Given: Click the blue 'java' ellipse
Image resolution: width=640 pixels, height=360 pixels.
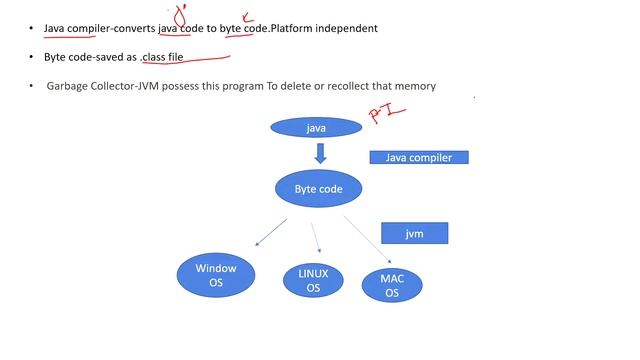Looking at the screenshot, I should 317,128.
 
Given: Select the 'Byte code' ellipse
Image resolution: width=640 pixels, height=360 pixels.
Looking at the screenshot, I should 318,188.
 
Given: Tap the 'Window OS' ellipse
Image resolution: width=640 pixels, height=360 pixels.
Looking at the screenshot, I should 216,275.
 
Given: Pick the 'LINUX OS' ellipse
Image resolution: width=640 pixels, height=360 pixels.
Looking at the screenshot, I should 313,281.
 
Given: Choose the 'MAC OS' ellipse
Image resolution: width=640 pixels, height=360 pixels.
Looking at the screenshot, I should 392,286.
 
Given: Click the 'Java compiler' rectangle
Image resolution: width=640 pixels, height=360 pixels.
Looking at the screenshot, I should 418,157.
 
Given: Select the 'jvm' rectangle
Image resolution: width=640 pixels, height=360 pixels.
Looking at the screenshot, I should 414,233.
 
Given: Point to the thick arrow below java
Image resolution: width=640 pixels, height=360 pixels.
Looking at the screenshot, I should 320,153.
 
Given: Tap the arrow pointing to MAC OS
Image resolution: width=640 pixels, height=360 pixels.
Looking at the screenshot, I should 364,237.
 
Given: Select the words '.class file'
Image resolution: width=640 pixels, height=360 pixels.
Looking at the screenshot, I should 162,57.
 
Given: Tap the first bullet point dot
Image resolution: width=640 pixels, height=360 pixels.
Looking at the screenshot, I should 31,29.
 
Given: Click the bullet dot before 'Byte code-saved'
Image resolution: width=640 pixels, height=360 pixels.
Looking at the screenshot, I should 31,58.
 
